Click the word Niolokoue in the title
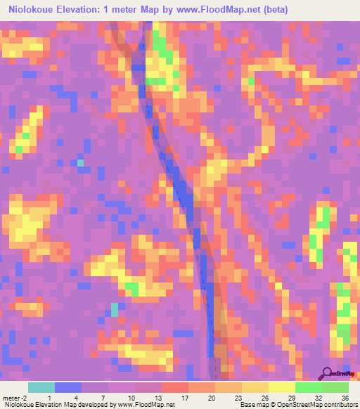pos(35,10)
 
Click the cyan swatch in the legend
pos(41,387)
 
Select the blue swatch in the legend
pos(68,387)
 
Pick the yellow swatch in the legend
pos(281,387)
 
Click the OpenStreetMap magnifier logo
pos(328,372)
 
